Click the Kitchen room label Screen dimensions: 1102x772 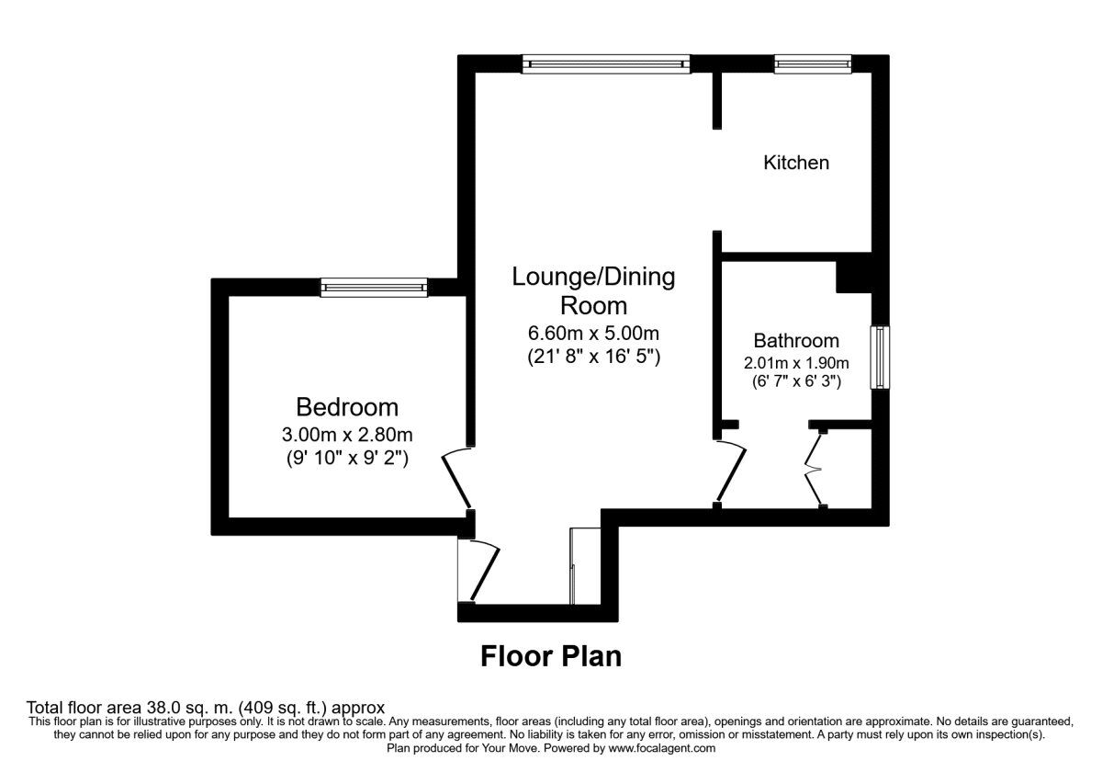click(x=796, y=163)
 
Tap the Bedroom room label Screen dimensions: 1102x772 click(x=347, y=407)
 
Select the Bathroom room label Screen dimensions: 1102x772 click(x=796, y=340)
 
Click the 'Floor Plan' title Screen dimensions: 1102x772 click(x=551, y=657)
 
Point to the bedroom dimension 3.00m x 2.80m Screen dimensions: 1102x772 click(x=347, y=435)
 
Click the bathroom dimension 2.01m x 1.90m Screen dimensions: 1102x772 click(x=796, y=363)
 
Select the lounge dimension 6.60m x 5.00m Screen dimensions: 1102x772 click(x=593, y=334)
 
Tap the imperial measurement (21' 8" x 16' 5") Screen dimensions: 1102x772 click(x=593, y=356)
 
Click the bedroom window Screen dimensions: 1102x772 click(x=374, y=288)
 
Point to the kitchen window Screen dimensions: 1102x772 click(x=813, y=64)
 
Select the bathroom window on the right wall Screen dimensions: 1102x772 click(x=880, y=358)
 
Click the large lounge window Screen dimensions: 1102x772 click(x=606, y=64)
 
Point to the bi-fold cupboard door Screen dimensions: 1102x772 click(x=814, y=469)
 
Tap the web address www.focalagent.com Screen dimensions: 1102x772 click(x=662, y=748)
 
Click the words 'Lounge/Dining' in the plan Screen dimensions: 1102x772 click(x=593, y=277)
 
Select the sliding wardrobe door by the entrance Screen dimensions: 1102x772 click(x=572, y=566)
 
